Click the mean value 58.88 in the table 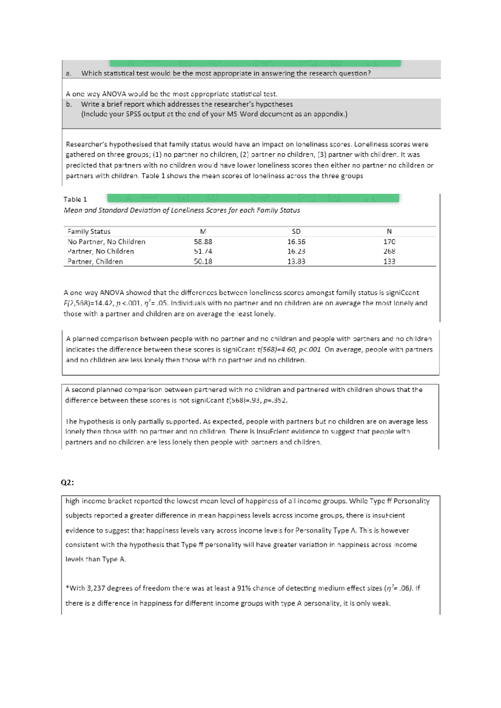[203, 242]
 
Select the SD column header [296, 231]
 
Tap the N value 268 [389, 251]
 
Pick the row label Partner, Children [95, 262]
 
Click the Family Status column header [89, 231]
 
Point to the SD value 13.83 [296, 262]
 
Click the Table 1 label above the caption [75, 199]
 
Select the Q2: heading [67, 482]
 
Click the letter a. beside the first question [68, 73]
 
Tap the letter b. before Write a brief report [68, 104]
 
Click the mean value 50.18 [203, 262]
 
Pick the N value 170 [389, 242]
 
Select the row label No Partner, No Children [106, 242]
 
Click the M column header [203, 231]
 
